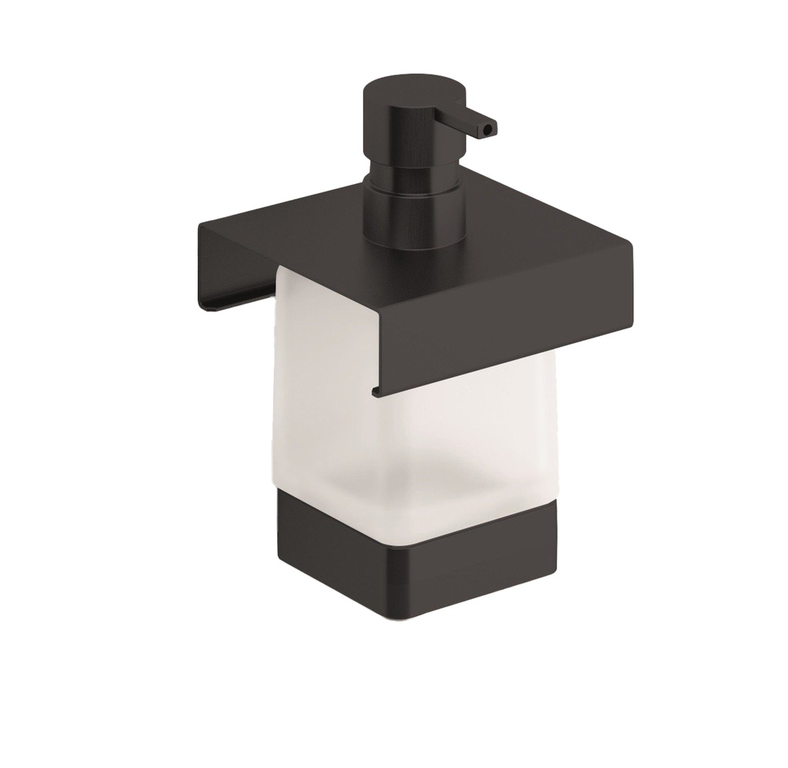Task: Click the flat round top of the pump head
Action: point(412,85)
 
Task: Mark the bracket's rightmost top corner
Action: point(632,245)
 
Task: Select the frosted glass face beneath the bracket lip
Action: point(477,439)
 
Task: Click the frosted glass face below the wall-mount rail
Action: point(323,400)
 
